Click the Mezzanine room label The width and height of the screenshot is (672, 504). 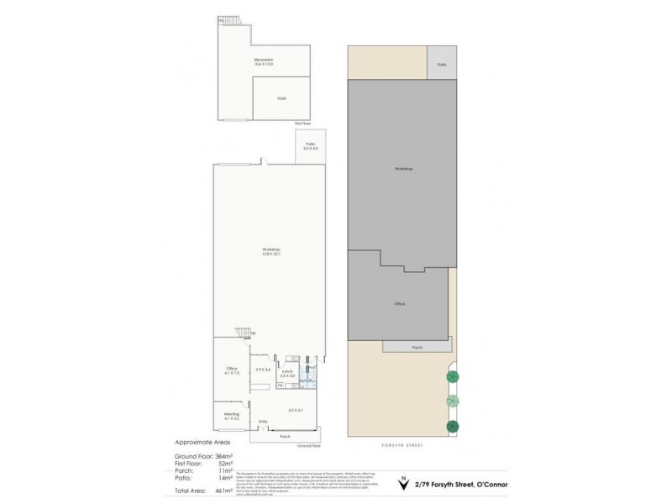click(265, 60)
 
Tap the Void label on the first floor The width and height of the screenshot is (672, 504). click(281, 97)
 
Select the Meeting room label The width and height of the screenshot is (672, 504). click(232, 415)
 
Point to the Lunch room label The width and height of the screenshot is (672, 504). click(287, 372)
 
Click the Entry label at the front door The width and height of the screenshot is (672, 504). click(263, 422)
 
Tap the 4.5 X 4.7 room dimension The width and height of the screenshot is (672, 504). click(294, 409)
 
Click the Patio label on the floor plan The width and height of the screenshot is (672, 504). click(311, 146)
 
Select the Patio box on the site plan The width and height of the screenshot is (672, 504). click(441, 64)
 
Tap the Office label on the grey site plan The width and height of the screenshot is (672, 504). click(400, 303)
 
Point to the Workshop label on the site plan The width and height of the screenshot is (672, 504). click(403, 169)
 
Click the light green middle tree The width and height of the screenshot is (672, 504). click(453, 401)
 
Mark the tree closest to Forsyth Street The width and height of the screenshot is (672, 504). click(453, 426)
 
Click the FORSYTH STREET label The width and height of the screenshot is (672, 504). click(402, 446)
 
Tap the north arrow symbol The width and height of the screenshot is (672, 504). click(404, 485)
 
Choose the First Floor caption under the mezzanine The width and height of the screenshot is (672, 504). click(303, 123)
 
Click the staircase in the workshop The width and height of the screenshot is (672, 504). click(244, 333)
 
